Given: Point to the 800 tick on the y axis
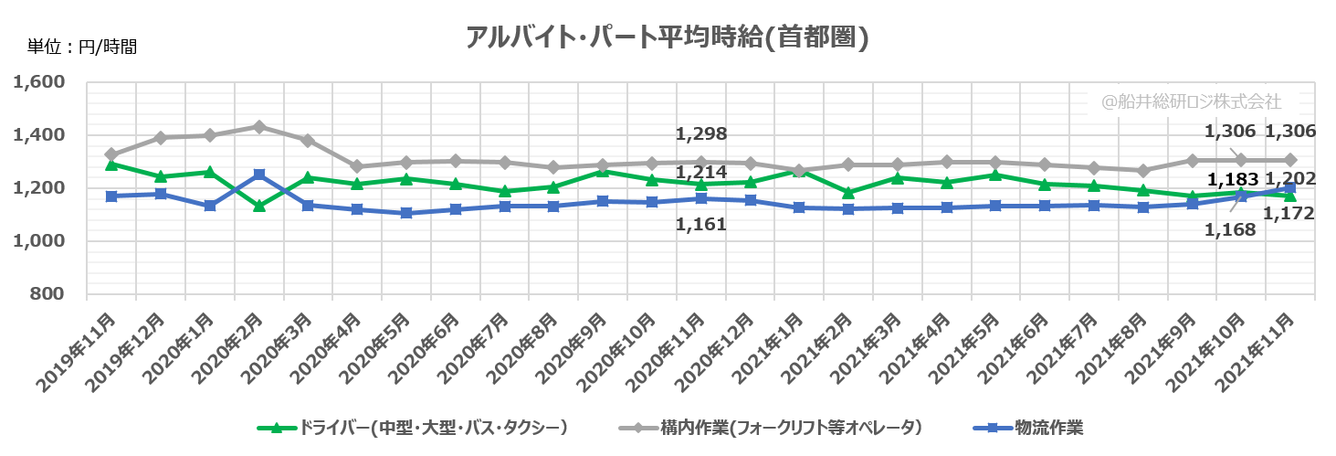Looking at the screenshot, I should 47,294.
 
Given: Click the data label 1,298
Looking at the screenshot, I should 701,134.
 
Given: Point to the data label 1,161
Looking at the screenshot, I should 701,223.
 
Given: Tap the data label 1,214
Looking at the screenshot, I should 701,172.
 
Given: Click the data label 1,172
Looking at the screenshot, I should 1289,214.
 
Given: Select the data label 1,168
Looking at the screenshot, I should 1230,229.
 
